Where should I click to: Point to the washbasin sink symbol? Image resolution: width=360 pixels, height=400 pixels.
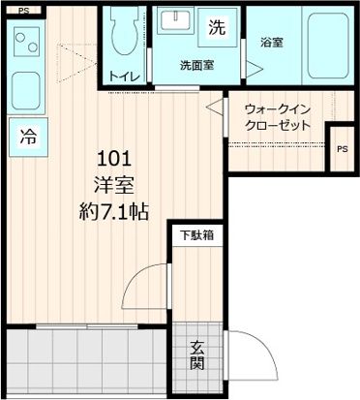177,24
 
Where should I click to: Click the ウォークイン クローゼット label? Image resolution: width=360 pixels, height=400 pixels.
278,117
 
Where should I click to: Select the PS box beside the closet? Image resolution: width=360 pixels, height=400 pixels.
341,149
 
